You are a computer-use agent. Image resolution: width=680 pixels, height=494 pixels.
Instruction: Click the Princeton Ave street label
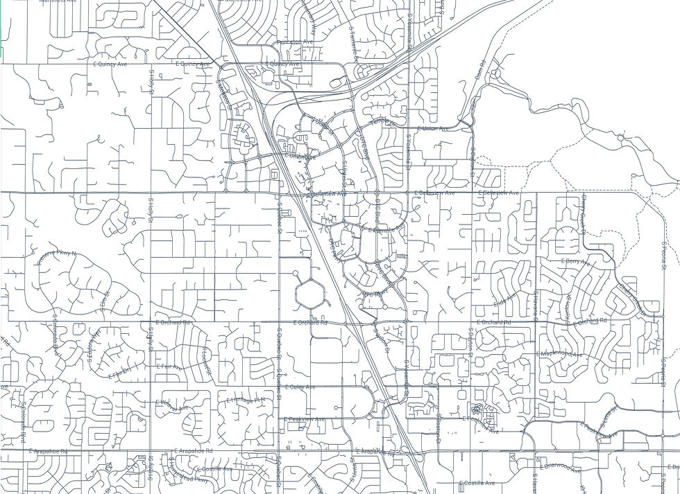pyautogui.click(x=295, y=42)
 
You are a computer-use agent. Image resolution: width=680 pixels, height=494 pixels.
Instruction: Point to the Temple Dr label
pyautogui.click(x=382, y=123)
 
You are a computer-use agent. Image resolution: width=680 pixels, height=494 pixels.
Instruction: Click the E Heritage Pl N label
pyautogui.click(x=246, y=400)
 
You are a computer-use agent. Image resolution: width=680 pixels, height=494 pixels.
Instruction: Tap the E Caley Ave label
pyautogui.click(x=300, y=387)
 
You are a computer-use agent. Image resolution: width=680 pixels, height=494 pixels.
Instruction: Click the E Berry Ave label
pyautogui.click(x=574, y=261)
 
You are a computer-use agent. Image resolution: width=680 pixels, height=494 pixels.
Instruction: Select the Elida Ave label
pyautogui.click(x=505, y=300)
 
